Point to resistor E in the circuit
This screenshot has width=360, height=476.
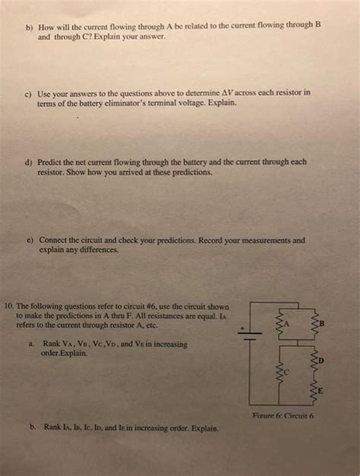(x=316, y=391)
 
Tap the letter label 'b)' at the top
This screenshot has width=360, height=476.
(x=31, y=25)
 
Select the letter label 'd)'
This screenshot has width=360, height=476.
(x=31, y=162)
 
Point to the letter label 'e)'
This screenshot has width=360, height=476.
(x=30, y=238)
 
